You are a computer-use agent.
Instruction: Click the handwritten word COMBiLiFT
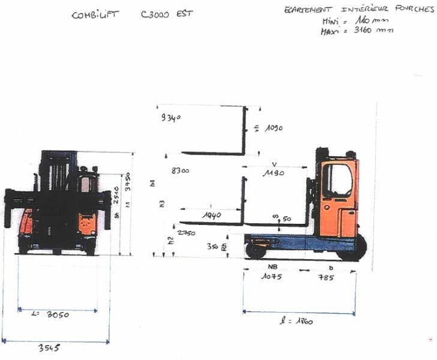tap(95, 15)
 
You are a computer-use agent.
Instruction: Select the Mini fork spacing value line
tap(351, 20)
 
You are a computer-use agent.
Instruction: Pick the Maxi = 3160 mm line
tap(357, 31)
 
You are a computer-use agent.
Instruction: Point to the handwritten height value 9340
tap(170, 118)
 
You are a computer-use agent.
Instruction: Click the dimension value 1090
tap(271, 128)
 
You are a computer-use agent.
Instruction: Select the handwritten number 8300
tap(180, 171)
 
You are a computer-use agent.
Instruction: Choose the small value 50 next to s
tap(286, 218)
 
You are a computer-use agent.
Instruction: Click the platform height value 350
tap(211, 247)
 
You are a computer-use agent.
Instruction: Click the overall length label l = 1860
tap(297, 321)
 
